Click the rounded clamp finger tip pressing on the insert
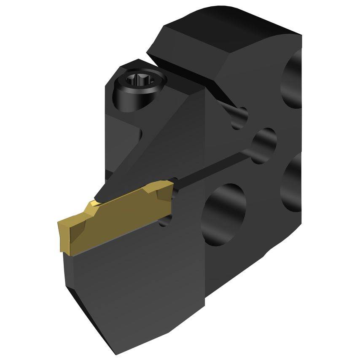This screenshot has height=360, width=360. coord(101,195)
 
